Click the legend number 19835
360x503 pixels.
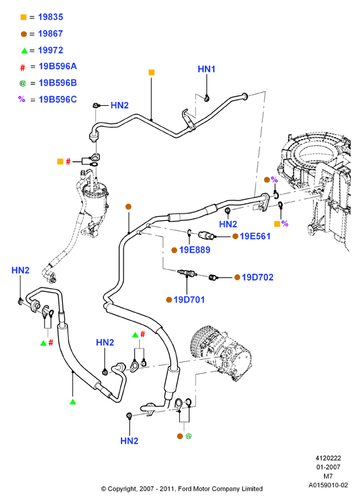50,17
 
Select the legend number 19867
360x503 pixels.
50,33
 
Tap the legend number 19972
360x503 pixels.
50,50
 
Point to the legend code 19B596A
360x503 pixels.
57,67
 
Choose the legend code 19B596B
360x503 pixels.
57,83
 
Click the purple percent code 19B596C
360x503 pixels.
57,99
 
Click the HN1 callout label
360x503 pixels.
206,69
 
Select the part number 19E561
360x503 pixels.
255,236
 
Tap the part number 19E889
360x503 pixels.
195,250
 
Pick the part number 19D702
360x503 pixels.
257,277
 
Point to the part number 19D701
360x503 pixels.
189,300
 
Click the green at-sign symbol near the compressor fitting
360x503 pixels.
188,436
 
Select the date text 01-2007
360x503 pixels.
328,467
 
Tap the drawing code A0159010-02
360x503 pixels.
328,485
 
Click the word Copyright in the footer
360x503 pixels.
122,489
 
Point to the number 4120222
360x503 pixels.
328,458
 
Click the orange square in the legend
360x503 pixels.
24,17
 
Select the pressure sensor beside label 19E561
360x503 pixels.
206,236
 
